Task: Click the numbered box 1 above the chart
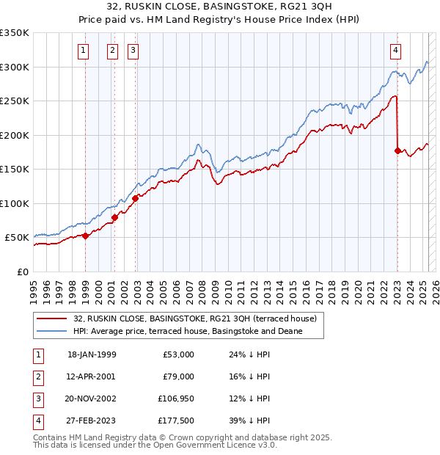coord(84,51)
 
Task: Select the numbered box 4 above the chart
coord(395,51)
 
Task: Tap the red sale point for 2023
coord(397,150)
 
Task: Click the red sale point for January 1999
coord(85,236)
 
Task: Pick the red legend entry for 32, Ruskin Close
coord(194,318)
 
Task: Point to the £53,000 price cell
coord(177,354)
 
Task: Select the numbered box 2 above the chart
coord(112,51)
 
